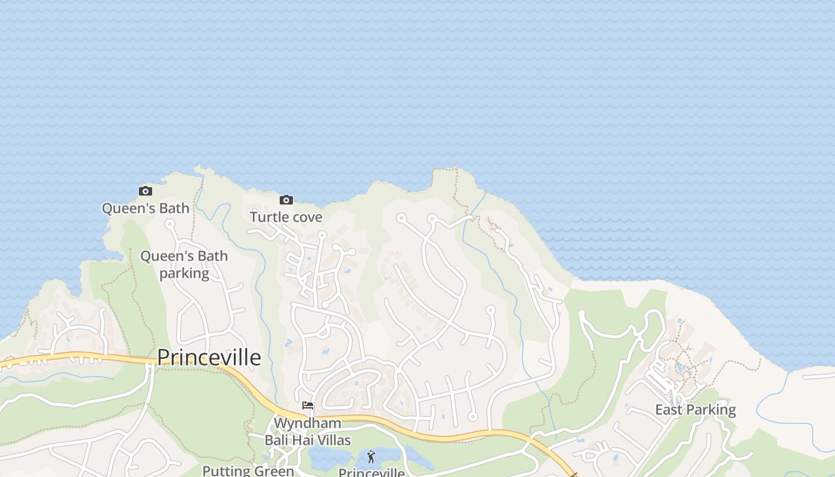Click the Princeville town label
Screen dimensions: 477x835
click(209, 357)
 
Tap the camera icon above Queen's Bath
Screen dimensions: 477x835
click(146, 191)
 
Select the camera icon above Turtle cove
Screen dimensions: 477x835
click(286, 200)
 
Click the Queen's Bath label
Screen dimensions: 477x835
click(146, 208)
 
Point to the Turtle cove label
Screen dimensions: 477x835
click(286, 217)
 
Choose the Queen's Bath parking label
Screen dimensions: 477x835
click(184, 265)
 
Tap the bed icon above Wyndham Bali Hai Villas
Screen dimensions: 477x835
click(308, 405)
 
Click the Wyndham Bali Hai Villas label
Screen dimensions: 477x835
click(308, 432)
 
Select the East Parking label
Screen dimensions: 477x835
click(695, 410)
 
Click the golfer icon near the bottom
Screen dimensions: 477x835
click(371, 457)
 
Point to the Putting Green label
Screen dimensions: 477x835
click(248, 470)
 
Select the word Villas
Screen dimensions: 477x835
click(333, 441)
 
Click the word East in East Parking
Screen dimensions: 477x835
click(669, 410)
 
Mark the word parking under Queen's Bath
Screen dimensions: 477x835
click(184, 274)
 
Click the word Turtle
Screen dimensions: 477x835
click(268, 217)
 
